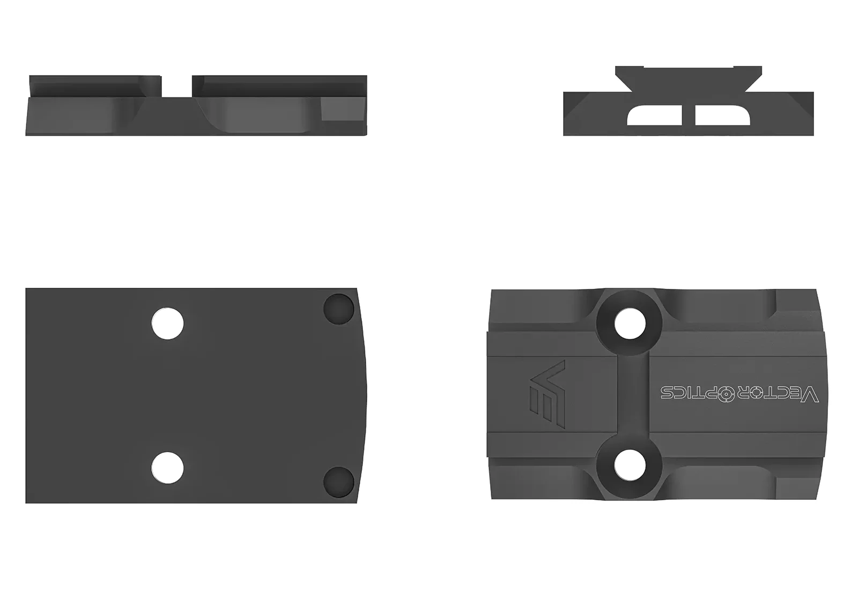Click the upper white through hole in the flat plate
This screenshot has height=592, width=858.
(x=167, y=324)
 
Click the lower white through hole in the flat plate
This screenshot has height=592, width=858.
(x=167, y=468)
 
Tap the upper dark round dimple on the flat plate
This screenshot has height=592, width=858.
(x=338, y=309)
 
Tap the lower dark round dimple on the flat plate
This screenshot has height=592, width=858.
(x=338, y=482)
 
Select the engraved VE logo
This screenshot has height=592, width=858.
(x=548, y=394)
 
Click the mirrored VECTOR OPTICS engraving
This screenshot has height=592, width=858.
(x=739, y=394)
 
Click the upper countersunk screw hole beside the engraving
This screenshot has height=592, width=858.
(x=630, y=324)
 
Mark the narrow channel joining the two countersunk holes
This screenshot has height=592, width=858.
(x=633, y=394)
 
